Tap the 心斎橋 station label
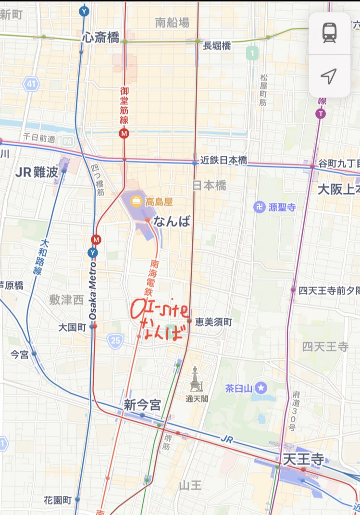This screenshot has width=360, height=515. (x=100, y=38)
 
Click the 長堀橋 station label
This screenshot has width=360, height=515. (x=217, y=46)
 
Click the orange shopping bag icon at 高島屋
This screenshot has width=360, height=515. (x=137, y=201)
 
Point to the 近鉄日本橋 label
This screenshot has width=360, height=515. (x=223, y=161)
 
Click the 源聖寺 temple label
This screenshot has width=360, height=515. (x=281, y=207)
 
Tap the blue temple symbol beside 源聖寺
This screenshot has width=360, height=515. (x=260, y=207)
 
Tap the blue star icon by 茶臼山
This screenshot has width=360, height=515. (x=261, y=388)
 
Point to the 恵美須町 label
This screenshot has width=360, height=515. (x=213, y=322)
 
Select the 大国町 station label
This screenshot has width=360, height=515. (x=72, y=327)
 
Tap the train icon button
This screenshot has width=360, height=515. (x=330, y=33)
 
